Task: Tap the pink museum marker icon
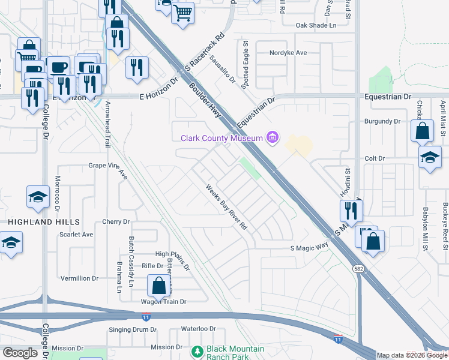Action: click(x=273, y=138)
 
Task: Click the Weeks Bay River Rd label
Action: click(x=226, y=208)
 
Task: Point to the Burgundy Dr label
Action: click(x=382, y=121)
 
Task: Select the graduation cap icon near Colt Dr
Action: click(x=430, y=157)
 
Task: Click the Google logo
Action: click(x=20, y=353)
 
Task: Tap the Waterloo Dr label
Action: click(x=199, y=329)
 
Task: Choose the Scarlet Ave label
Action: click(x=76, y=235)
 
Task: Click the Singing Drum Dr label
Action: click(x=133, y=330)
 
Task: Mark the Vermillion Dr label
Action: click(x=79, y=278)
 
